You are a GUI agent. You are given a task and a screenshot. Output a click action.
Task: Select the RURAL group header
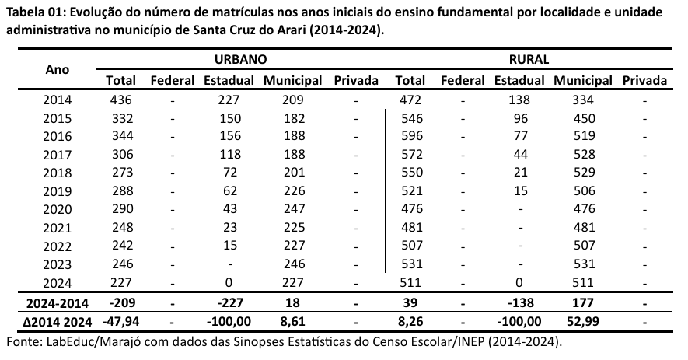529,59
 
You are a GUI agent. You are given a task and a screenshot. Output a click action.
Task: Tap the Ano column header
58,69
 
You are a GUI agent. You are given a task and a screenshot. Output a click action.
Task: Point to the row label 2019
58,191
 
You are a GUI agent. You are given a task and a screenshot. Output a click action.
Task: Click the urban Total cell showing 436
121,100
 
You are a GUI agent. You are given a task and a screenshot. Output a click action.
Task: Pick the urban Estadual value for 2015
229,119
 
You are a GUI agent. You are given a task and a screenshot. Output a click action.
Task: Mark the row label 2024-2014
58,302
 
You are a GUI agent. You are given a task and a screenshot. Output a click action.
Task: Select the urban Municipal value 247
292,209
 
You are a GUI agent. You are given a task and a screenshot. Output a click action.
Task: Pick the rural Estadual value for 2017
520,155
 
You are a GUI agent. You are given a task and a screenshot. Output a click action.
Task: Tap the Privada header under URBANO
355,80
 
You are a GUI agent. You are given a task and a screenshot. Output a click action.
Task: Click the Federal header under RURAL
462,80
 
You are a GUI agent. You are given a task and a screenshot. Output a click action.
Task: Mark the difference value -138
520,302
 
